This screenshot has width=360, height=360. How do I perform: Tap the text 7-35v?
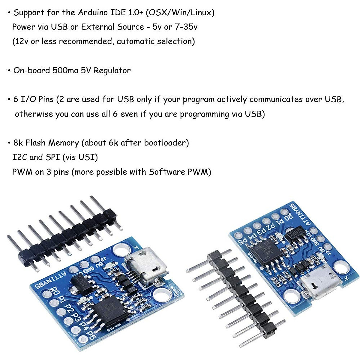pyautogui.click(x=186, y=27)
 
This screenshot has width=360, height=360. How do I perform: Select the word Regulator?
pyautogui.click(x=112, y=71)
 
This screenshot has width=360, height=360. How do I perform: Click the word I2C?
pyautogui.click(x=19, y=157)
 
